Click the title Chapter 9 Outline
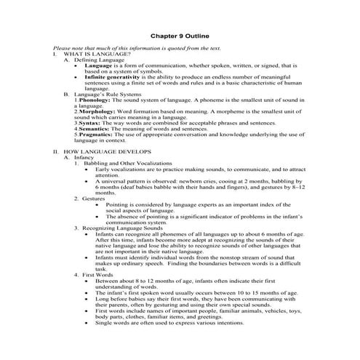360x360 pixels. click(180, 34)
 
